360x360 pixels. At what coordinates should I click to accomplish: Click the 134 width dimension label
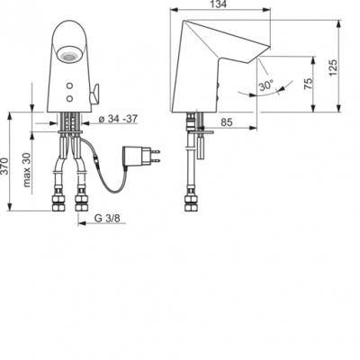221,4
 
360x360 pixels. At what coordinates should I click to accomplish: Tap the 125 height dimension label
333,67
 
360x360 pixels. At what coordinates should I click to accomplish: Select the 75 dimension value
308,84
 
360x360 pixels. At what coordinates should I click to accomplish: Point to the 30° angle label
266,86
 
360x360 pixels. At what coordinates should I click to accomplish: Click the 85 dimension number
227,121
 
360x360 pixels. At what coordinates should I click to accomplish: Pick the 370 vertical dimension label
5,166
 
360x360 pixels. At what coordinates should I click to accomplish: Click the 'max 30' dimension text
27,170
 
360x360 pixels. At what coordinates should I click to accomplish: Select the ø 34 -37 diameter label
118,119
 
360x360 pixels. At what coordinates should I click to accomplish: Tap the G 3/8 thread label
107,218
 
